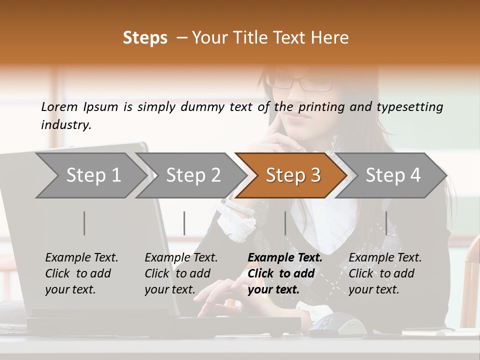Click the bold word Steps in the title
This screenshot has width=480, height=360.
point(145,38)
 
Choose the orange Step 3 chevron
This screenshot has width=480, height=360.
point(292,175)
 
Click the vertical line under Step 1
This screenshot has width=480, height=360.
point(84,223)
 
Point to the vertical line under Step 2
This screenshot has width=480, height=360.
point(184,223)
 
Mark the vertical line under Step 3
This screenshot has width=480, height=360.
point(285,223)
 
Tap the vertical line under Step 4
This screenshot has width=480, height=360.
point(386,223)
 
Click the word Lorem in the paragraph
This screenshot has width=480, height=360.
point(59,106)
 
